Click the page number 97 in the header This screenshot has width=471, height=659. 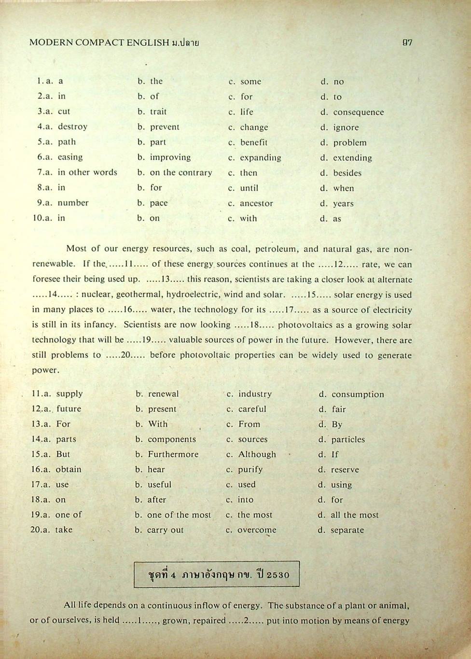[407, 42]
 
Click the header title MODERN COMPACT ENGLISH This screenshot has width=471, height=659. [99, 42]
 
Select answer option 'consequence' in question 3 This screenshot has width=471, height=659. [359, 112]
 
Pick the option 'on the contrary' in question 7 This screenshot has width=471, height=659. [181, 173]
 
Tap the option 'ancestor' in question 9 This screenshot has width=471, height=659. [256, 203]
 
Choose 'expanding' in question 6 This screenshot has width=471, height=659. [261, 158]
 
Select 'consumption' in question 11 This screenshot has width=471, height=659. [358, 394]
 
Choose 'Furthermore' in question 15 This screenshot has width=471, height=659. [173, 454]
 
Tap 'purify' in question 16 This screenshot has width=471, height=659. [250, 469]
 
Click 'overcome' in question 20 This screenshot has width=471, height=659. [257, 530]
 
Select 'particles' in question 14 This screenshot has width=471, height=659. [348, 439]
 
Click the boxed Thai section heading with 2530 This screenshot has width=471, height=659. [217, 575]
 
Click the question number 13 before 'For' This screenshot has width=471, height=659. [38, 424]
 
